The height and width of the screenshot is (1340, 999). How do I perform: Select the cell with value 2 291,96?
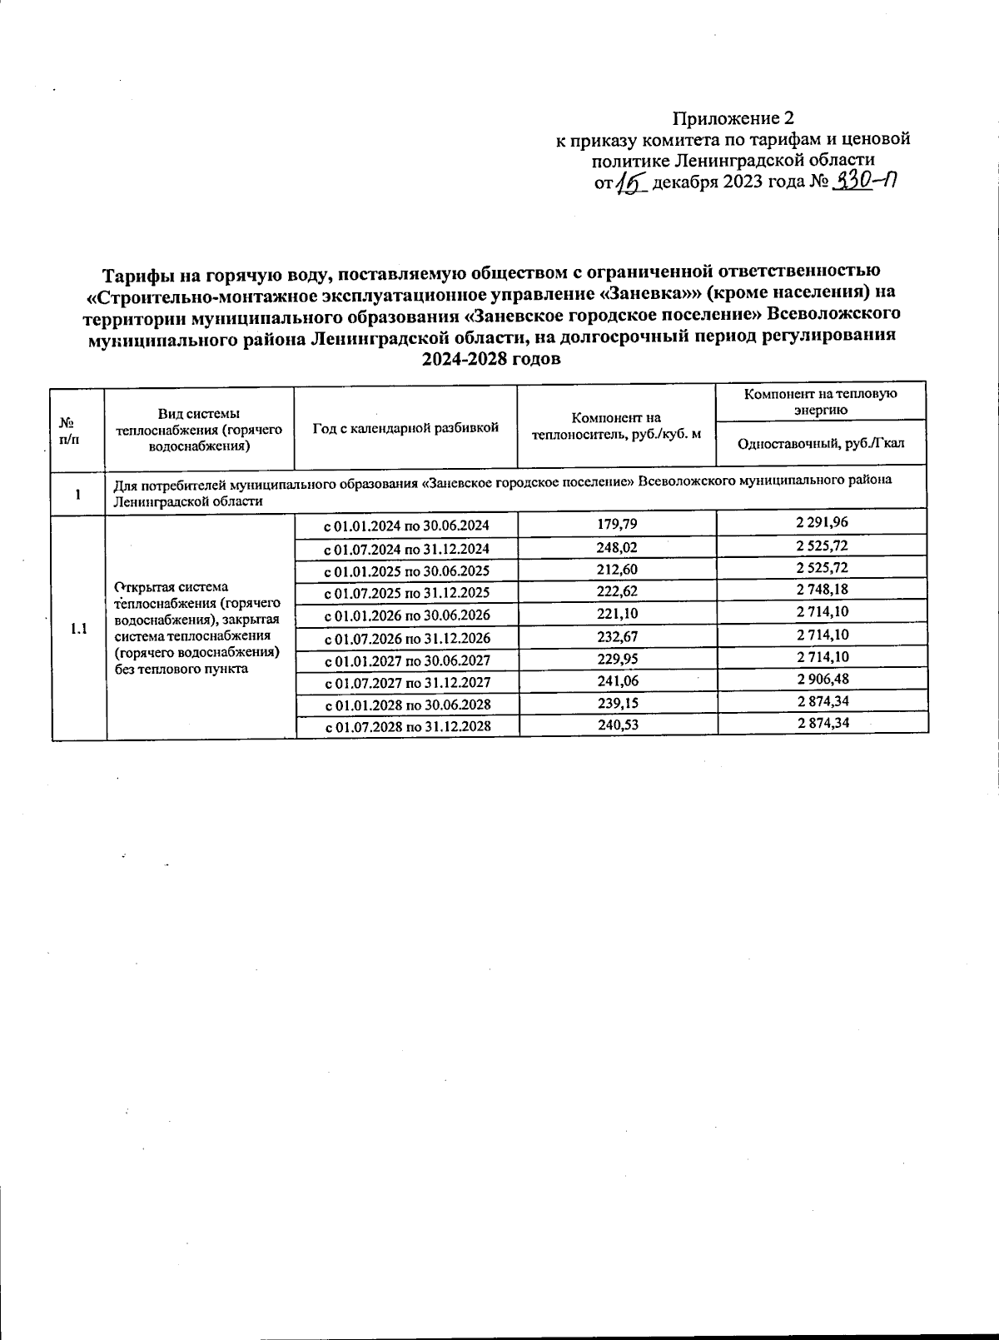pos(823,523)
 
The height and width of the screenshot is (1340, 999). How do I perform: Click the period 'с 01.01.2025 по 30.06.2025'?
pos(406,570)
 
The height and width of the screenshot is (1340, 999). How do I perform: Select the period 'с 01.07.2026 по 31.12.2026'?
pos(406,639)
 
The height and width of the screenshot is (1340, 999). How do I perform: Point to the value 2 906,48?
pos(823,679)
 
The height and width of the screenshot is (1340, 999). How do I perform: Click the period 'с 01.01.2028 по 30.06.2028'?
pos(406,705)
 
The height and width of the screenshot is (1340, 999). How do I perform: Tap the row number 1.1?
pos(79,629)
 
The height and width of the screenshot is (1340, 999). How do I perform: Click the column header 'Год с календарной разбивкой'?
pos(405,428)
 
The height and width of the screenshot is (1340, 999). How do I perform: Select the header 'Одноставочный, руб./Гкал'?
pos(821,444)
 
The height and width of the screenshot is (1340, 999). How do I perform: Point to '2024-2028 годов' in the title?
pos(491,359)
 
